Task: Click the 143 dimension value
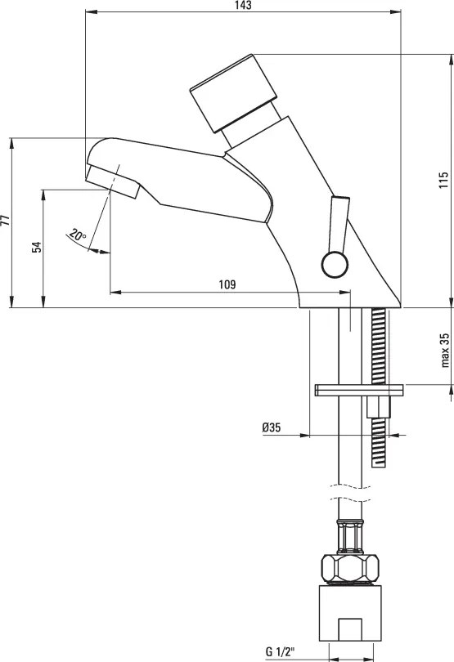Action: coord(244,5)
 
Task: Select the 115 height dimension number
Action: coord(443,181)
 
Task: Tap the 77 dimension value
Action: coord(5,221)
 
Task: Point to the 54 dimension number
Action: coord(38,247)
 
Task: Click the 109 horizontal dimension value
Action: coord(227,284)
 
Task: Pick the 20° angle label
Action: coord(79,235)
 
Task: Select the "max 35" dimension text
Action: coord(444,351)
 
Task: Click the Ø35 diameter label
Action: coord(272,427)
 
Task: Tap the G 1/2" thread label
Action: coord(281,651)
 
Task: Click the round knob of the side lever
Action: coord(335,265)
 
